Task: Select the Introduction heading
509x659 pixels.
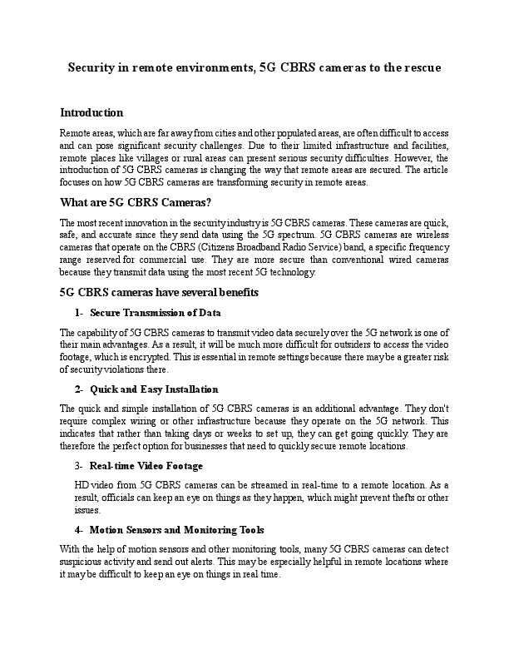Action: pos(91,112)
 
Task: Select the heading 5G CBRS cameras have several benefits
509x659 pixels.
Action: pos(159,292)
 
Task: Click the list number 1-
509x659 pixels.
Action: pos(79,313)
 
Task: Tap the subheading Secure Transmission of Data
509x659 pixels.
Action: pos(155,313)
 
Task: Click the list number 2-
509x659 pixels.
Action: pos(79,389)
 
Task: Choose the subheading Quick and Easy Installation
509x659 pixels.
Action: pos(154,389)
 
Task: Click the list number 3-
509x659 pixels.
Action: pos(79,466)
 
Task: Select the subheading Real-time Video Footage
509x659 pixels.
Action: pos(146,466)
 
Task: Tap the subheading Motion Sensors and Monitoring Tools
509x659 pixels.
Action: pos(176,529)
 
